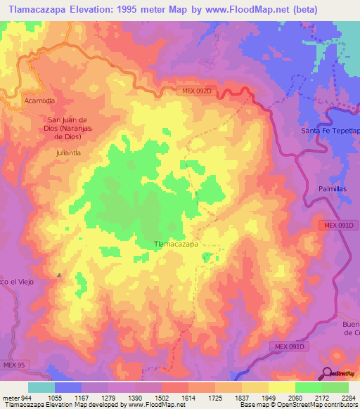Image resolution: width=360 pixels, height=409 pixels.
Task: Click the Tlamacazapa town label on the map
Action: pos(176,245)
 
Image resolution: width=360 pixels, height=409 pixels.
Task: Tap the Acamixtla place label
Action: pos(39,101)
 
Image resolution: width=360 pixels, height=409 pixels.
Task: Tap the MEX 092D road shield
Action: pos(194,91)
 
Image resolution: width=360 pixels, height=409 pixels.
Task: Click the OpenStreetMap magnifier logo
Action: pos(327,372)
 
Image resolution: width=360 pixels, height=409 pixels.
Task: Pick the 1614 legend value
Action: pos(188,397)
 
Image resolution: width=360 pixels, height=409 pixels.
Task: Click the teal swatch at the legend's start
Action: pos(41,387)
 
